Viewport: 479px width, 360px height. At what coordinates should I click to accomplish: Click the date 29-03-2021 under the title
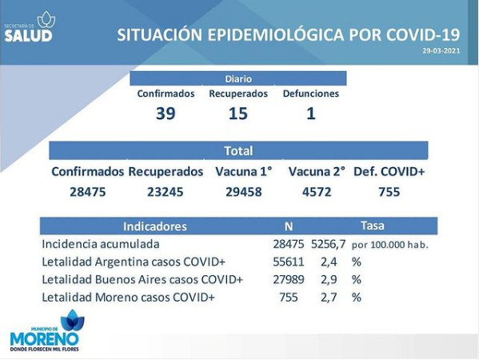441,50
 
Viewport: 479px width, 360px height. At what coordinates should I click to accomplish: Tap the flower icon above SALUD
46,19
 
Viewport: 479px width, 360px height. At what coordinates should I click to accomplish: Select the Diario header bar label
238,79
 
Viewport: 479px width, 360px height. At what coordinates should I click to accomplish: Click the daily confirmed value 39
166,113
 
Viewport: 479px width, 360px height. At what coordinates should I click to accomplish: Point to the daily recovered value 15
238,113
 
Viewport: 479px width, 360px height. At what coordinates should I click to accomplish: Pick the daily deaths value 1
311,113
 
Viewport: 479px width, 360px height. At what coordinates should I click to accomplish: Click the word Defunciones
311,94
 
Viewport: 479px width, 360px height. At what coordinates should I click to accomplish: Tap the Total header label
238,150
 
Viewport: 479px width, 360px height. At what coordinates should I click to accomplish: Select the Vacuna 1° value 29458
243,192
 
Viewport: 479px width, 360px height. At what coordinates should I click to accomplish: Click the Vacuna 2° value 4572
317,192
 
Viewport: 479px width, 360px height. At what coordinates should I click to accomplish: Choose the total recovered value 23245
166,192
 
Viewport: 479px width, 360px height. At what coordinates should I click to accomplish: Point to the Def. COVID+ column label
389,172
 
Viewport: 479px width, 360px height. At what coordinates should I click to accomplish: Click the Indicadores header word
155,226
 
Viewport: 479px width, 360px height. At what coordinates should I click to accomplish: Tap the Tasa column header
373,226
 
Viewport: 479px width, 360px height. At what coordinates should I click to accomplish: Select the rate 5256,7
329,244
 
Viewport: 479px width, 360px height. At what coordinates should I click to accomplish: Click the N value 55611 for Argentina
289,262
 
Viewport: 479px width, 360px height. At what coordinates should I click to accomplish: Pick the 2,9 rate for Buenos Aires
329,280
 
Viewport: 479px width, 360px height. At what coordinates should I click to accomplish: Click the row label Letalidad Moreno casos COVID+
128,297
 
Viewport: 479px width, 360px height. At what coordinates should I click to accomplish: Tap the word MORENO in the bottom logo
44,339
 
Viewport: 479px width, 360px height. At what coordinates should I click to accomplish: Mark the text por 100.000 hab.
389,245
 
